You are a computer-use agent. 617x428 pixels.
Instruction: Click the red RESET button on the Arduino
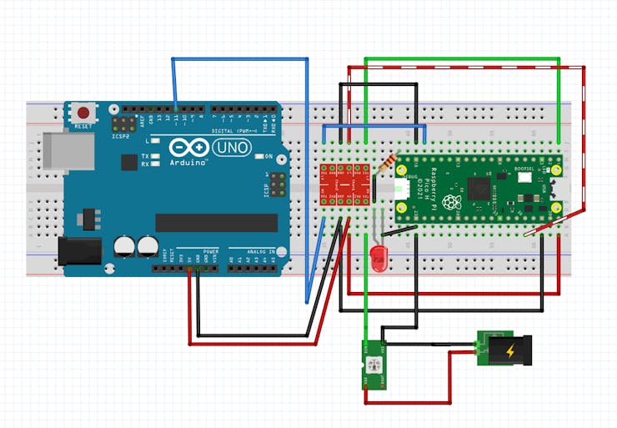83,112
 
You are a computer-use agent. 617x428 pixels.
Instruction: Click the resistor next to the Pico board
386,164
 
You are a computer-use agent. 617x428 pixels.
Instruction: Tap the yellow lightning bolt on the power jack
509,350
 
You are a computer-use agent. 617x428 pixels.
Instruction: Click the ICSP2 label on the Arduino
121,135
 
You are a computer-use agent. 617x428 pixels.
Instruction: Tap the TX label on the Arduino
145,156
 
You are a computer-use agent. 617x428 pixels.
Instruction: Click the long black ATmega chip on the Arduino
216,222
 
